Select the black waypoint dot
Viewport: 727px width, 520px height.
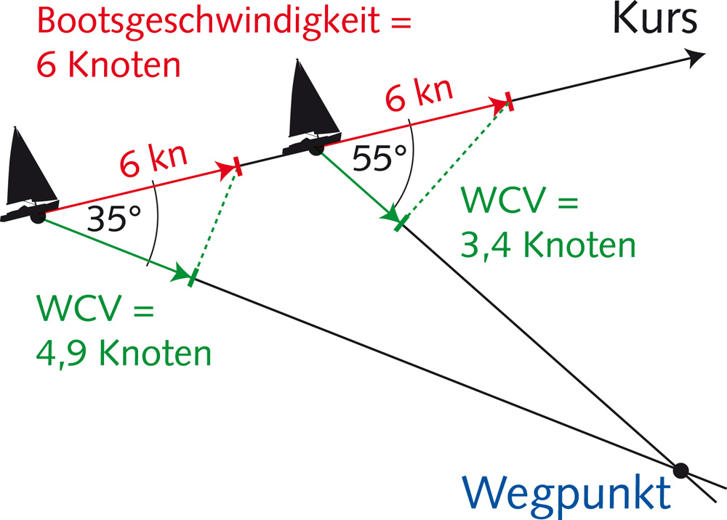click(x=680, y=470)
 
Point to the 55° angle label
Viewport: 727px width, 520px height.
click(x=377, y=158)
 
